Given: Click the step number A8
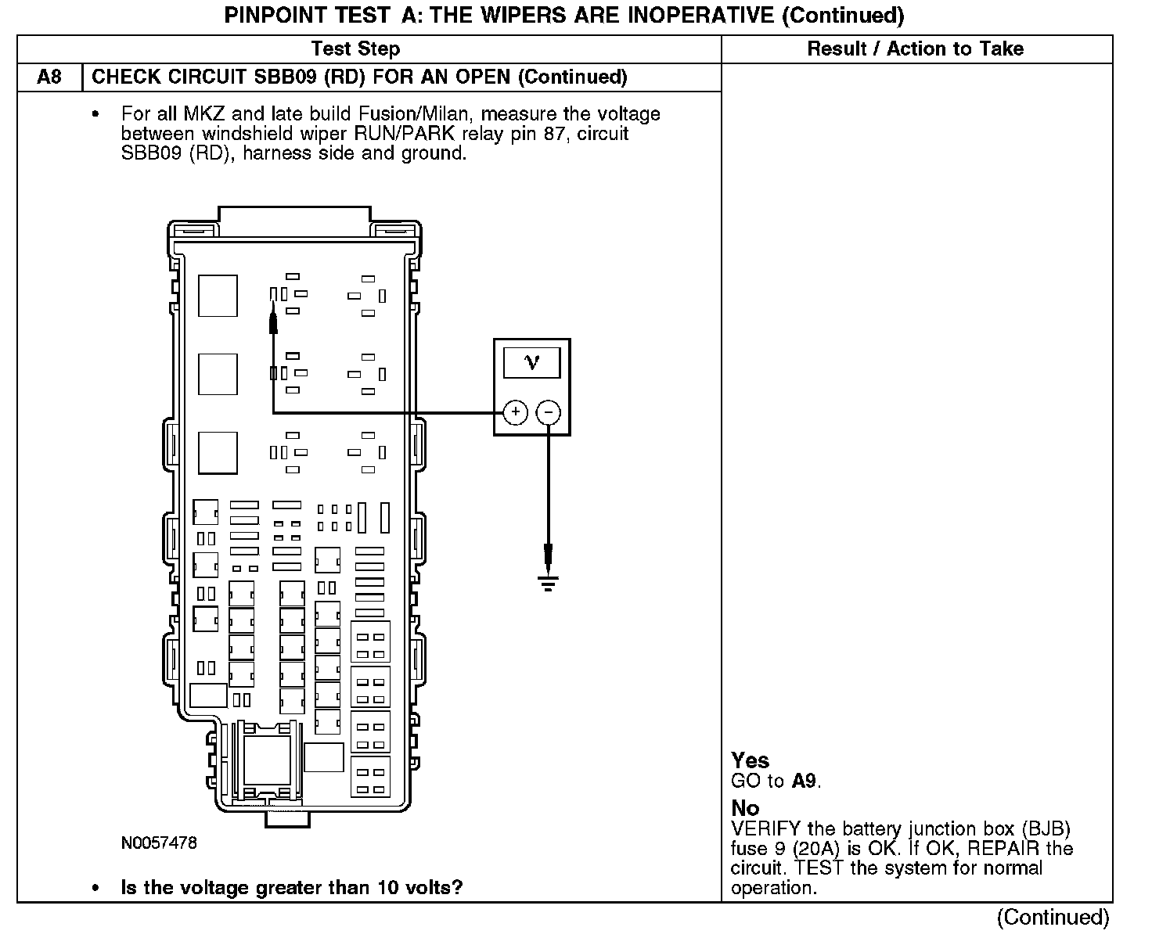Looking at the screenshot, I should click(49, 77).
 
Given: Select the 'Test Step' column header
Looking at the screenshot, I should click(355, 49).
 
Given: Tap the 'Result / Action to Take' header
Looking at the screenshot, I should click(915, 49).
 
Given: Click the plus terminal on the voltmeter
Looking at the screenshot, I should click(515, 412).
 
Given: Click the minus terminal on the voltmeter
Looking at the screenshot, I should click(549, 412).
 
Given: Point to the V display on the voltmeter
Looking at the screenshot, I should click(532, 362).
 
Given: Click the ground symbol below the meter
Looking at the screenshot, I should click(548, 583).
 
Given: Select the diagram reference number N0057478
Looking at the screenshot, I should click(159, 843).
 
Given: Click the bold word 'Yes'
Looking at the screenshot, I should click(750, 760).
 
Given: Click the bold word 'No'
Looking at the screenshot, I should click(745, 808).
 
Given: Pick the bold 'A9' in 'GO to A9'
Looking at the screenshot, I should click(804, 781).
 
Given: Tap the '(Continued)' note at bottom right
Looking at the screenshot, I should click(1053, 917).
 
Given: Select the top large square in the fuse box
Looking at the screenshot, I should click(218, 295).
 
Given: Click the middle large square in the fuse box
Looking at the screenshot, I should click(218, 374).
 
